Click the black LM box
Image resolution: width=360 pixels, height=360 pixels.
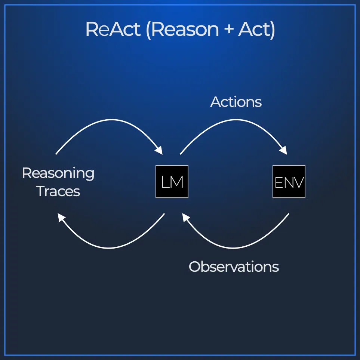point(172,182)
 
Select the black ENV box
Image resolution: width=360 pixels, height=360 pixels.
point(289,182)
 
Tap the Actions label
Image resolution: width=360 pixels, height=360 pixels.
point(236,102)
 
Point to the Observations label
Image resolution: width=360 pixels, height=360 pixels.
point(234,267)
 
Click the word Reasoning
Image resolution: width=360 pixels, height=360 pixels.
point(58,174)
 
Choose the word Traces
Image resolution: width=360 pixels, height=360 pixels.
point(58,191)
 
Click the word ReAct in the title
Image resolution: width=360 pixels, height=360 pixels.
point(113,29)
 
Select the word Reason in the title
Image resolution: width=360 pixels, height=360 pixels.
point(185,30)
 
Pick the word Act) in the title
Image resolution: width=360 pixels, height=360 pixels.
point(256,30)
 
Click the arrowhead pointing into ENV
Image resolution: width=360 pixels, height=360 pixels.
point(283,150)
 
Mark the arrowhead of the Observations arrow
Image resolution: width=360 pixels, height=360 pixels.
point(186,218)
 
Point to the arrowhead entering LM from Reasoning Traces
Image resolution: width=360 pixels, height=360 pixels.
point(159,150)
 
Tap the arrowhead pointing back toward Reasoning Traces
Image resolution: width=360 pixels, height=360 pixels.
point(61,218)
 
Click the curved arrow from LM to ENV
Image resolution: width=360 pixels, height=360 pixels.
point(236,120)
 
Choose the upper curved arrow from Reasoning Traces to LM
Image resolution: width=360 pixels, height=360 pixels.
point(111,120)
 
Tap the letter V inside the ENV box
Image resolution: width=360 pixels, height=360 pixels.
point(298,182)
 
